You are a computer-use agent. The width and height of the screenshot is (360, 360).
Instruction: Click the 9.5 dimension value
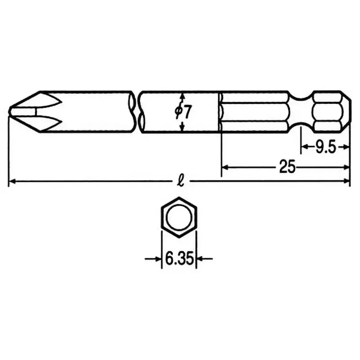pyautogui.click(x=325, y=147)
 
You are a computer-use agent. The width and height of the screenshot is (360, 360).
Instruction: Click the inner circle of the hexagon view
pyautogui.click(x=179, y=219)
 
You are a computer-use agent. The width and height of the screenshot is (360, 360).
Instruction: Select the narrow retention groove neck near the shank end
pyautogui.click(x=299, y=112)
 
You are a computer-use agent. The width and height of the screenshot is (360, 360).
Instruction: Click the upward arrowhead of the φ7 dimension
pyautogui.click(x=182, y=95)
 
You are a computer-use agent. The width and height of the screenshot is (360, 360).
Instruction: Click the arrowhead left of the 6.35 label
pyautogui.click(x=158, y=259)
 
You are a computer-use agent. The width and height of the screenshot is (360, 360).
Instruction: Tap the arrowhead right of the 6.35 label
pyautogui.click(x=200, y=259)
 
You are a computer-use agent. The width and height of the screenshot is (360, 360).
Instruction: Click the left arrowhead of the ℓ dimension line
pyautogui.click(x=12, y=182)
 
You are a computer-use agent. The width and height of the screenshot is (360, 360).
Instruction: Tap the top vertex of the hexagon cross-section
pyautogui.click(x=179, y=198)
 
